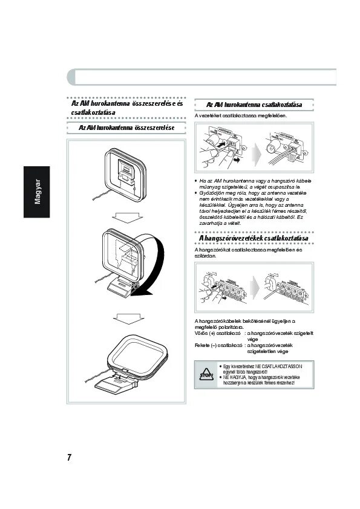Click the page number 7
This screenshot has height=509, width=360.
[x=70, y=457]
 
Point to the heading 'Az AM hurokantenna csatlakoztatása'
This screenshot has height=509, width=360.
[x=254, y=105]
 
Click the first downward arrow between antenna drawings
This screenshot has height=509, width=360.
[x=126, y=217]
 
